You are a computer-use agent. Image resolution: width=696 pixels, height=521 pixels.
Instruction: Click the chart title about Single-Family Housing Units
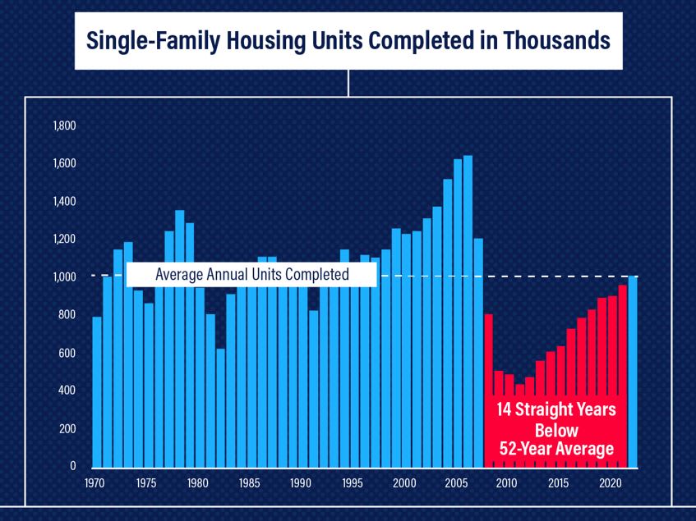point(348,39)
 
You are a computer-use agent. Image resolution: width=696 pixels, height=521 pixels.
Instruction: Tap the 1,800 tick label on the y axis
point(64,126)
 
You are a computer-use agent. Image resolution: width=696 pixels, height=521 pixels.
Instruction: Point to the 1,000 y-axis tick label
point(64,277)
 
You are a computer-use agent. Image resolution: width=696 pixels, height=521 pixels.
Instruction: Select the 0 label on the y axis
point(72,466)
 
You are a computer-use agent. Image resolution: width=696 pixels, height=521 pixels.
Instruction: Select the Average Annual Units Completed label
point(252,274)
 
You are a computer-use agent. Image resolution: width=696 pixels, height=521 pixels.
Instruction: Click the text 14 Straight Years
point(556,410)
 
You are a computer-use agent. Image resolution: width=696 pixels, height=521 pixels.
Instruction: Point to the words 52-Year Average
point(556,448)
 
